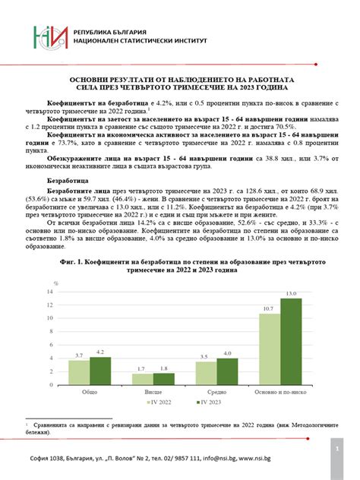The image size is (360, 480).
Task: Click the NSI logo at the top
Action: coord(49,40)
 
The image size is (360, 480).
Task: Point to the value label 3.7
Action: coord(79,355)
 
